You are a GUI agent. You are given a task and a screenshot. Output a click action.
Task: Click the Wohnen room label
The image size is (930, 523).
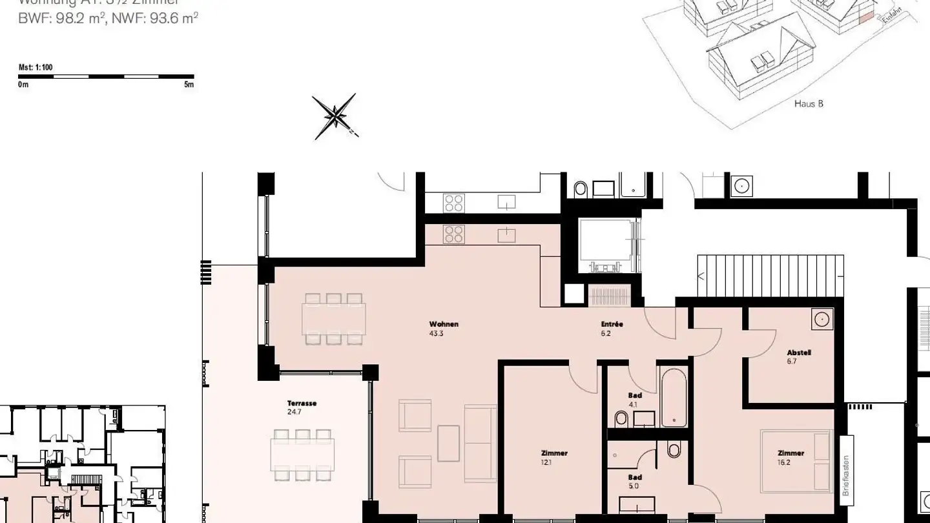pyautogui.click(x=444, y=324)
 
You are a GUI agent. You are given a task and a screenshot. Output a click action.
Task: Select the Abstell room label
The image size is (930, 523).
pyautogui.click(x=799, y=353)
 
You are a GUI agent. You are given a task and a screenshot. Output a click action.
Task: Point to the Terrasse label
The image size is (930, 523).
pyautogui.click(x=302, y=404)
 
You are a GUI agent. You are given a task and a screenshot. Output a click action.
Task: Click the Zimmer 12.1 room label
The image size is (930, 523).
pyautogui.click(x=554, y=453)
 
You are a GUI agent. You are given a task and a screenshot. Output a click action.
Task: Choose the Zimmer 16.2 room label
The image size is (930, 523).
pyautogui.click(x=790, y=453)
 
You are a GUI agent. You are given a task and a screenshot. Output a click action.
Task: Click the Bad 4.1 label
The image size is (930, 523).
pyautogui.click(x=634, y=396)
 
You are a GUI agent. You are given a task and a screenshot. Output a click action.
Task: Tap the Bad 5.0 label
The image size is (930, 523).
pyautogui.click(x=634, y=478)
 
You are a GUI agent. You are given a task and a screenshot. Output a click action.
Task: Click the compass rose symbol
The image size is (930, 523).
pyautogui.click(x=335, y=117)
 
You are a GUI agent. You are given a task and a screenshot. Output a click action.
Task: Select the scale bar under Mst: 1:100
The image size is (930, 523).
pyautogui.click(x=106, y=77)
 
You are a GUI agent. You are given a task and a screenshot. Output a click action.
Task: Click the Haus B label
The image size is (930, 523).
pyautogui.click(x=809, y=103)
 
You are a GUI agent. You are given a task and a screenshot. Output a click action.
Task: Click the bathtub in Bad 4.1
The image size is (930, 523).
pyautogui.click(x=674, y=396)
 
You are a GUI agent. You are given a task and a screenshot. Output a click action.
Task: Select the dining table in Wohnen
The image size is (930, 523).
pyautogui.click(x=333, y=318)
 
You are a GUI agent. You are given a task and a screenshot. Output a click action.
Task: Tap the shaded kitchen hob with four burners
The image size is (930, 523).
pyautogui.click(x=453, y=234)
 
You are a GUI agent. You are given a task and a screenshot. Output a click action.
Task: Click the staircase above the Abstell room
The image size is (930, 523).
pyautogui.click(x=770, y=276)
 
